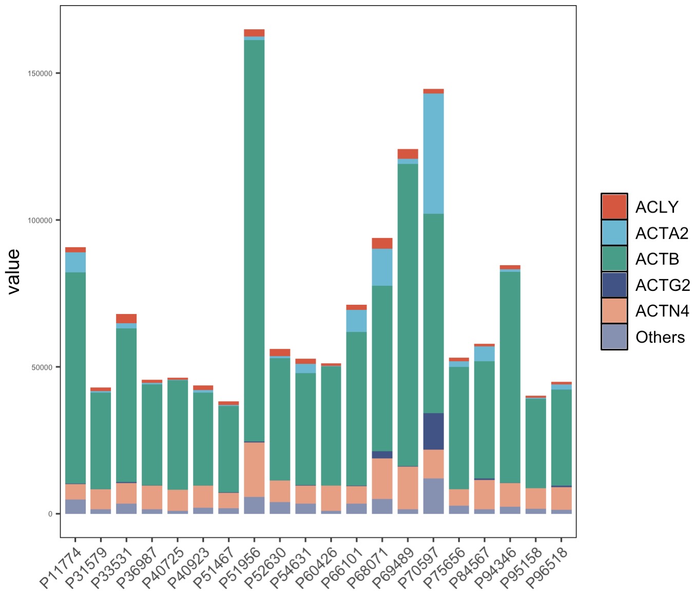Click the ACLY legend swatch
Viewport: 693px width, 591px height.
614,207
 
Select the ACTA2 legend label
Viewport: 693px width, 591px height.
662,233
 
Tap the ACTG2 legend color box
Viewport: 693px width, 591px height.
614,285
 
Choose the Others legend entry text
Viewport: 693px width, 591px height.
660,337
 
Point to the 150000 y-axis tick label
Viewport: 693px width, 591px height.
40,73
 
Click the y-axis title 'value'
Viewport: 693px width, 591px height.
13,271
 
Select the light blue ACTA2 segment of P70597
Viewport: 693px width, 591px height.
433,153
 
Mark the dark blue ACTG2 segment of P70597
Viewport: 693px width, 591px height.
433,431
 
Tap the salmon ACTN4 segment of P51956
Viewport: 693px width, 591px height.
254,469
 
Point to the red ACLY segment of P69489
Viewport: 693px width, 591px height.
408,154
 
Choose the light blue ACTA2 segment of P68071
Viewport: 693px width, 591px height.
382,267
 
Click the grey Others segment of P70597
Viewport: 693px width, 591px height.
433,496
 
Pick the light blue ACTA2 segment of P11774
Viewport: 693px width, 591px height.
75,262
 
